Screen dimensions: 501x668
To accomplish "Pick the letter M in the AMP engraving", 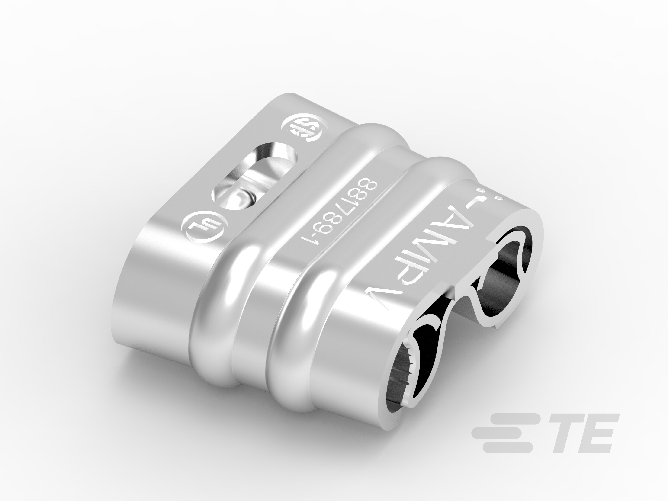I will point(438,251).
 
